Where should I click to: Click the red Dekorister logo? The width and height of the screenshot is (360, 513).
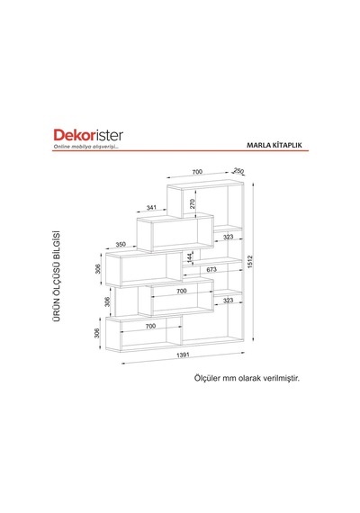88,135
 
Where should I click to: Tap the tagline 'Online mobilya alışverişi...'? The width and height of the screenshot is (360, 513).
86,147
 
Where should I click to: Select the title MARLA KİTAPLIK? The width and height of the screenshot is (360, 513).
274,145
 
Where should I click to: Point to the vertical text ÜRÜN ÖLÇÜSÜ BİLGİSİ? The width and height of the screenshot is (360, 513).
57,275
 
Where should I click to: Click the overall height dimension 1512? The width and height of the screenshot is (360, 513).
250,262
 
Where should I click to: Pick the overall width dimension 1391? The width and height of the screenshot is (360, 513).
183,355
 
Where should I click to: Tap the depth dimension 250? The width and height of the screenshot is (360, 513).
238,170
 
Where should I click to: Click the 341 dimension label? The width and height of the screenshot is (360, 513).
151,207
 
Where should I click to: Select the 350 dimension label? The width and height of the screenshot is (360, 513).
121,245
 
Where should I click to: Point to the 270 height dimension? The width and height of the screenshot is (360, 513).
193,203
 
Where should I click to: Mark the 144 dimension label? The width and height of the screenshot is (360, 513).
190,257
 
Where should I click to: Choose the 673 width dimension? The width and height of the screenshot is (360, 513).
211,269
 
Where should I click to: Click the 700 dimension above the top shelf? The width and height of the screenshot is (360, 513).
197,172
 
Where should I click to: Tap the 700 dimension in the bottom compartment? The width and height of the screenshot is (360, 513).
150,326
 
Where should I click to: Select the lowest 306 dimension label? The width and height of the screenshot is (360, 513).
96,333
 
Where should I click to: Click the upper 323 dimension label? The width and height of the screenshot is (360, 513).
228,237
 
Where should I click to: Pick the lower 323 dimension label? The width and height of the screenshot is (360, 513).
228,301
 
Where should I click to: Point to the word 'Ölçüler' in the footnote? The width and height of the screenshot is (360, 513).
207,378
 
